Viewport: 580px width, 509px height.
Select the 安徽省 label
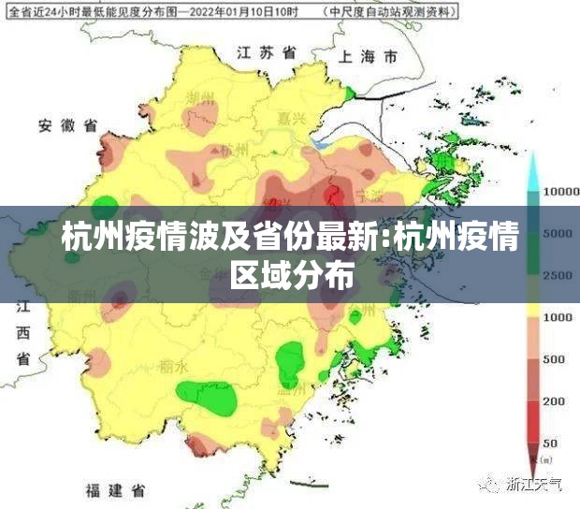point(67,125)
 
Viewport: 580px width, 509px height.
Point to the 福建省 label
point(113,490)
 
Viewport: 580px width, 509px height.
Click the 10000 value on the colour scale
point(562,191)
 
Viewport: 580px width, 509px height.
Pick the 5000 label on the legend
point(558,233)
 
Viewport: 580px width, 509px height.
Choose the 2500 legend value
point(558,275)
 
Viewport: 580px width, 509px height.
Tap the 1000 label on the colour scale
point(558,317)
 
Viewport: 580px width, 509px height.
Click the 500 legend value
point(554,359)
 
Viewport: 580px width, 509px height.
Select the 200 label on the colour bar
point(554,400)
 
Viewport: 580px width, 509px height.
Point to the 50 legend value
point(550,442)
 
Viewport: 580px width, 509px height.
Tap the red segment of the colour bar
point(534,421)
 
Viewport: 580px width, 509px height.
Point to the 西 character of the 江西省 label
point(22,333)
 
